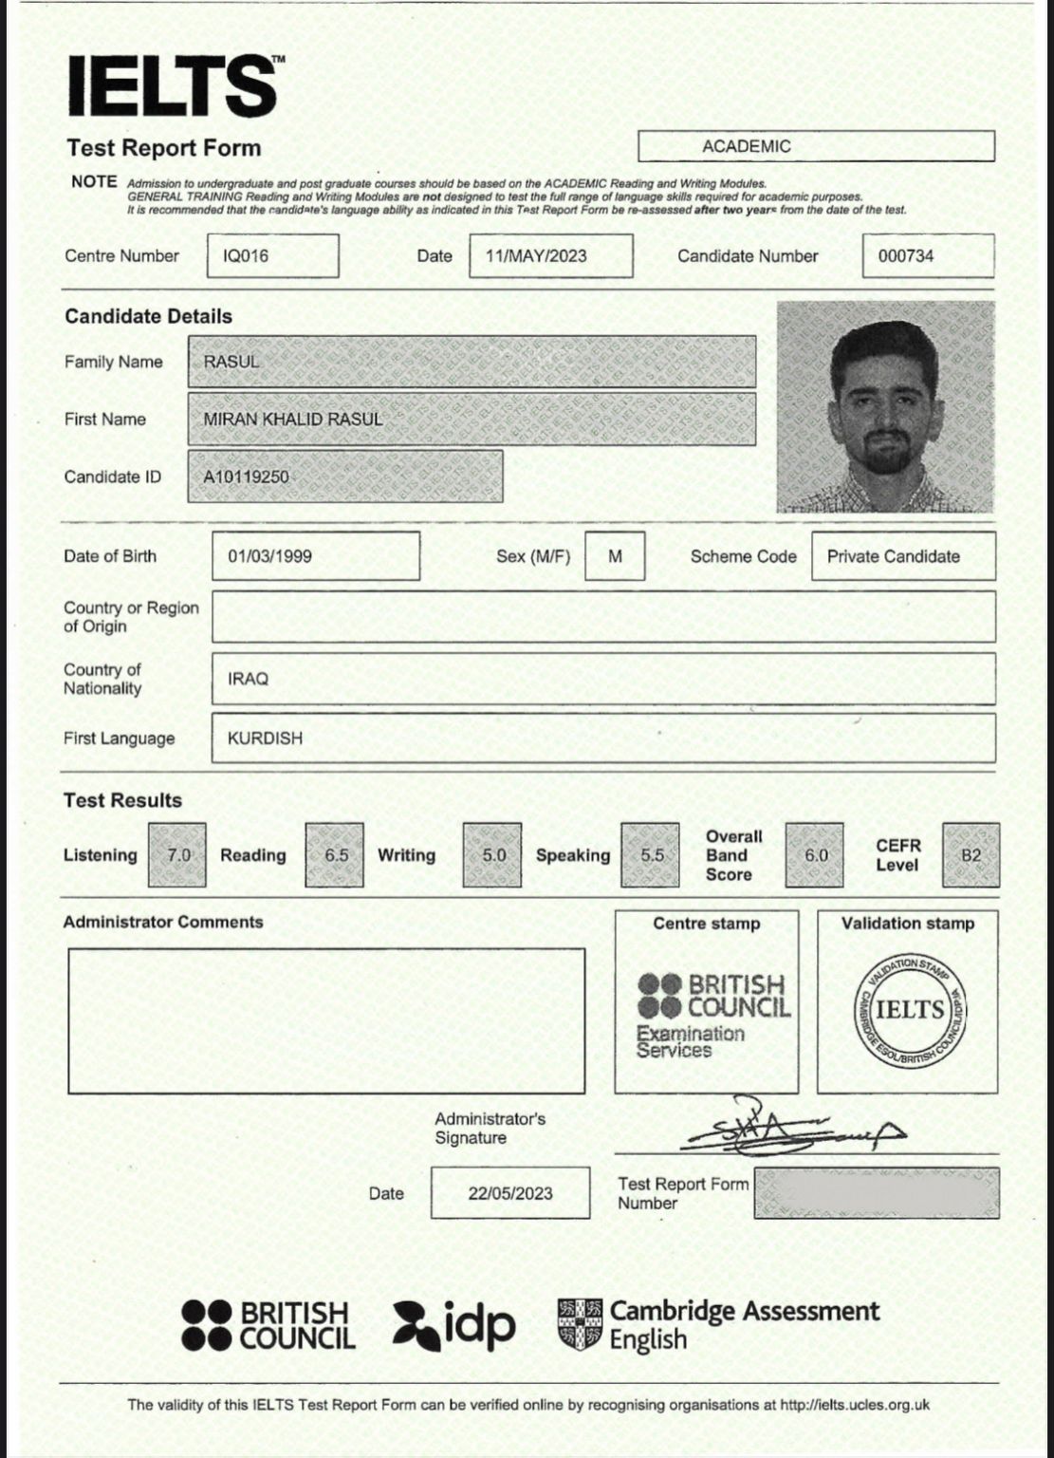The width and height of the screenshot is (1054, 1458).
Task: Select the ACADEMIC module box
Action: tap(816, 146)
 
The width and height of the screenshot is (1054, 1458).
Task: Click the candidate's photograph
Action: tap(885, 406)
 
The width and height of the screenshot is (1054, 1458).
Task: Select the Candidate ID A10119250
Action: tap(247, 477)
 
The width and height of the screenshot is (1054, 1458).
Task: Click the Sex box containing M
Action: tap(615, 556)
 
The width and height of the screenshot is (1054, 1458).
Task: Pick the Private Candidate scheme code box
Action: tap(903, 556)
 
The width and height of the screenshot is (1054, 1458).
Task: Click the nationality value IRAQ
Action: tap(249, 679)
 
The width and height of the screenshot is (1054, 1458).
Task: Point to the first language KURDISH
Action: tap(265, 738)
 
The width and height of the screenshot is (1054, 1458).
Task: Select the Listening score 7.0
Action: tap(177, 854)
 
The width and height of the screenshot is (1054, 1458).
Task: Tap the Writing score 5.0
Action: tap(492, 854)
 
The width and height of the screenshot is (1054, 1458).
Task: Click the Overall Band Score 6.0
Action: tap(815, 854)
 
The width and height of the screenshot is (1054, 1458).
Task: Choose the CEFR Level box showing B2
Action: tap(971, 854)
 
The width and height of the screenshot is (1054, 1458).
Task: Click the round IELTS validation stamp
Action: tap(910, 1008)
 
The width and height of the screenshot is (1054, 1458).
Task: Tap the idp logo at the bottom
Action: tap(454, 1324)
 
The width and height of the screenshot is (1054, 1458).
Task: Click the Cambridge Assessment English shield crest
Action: tap(580, 1324)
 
